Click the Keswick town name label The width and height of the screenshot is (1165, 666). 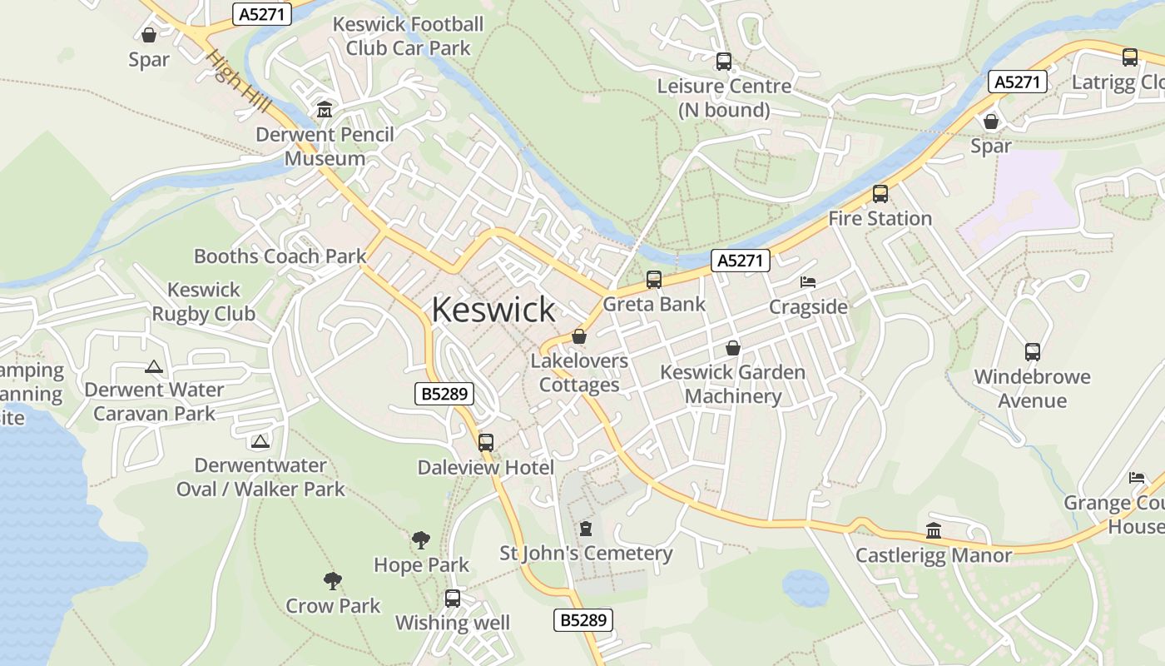coord(493,310)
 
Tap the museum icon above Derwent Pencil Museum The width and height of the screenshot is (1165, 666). coord(324,109)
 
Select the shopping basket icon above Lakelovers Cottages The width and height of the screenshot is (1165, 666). coord(579,336)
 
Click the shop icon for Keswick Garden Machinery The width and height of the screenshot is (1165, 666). coord(733,347)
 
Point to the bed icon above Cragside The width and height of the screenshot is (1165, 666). coord(808,282)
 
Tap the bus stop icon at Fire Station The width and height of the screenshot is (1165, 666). coord(880,194)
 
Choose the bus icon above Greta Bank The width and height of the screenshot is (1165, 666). coord(654,280)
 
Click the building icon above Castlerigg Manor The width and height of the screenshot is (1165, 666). coord(934,530)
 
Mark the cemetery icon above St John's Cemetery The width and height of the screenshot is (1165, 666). coord(586,529)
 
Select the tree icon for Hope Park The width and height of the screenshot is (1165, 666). coord(421,540)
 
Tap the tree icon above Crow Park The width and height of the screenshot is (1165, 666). coord(333,581)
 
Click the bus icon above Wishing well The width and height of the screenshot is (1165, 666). coord(453,598)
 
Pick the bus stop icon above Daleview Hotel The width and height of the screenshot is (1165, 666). coord(486,443)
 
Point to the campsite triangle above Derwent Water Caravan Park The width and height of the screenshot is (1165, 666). coord(154,366)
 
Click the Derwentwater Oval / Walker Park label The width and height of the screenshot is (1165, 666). coord(260,477)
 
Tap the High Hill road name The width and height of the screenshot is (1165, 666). coord(240,82)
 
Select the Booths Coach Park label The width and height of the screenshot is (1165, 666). coord(280,256)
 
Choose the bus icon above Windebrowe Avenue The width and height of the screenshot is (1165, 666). coord(1033,351)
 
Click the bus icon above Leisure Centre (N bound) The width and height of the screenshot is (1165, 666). coord(724,61)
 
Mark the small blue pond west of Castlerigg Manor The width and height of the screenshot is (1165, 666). coord(805,588)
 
